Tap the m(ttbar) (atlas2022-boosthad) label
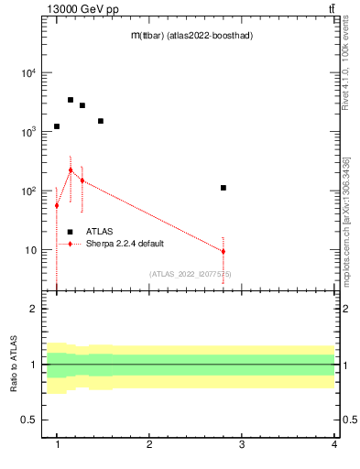pos(192,35)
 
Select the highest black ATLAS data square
pos(71,100)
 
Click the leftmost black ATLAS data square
pos(57,126)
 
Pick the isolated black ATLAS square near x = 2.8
pos(224,188)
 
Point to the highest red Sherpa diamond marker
pos(71,169)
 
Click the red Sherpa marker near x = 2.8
pos(224,251)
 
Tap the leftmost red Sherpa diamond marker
pos(57,205)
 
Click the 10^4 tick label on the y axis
pos(27,73)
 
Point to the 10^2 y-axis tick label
pos(27,191)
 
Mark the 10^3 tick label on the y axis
pos(27,132)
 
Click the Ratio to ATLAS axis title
pos(14,365)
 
